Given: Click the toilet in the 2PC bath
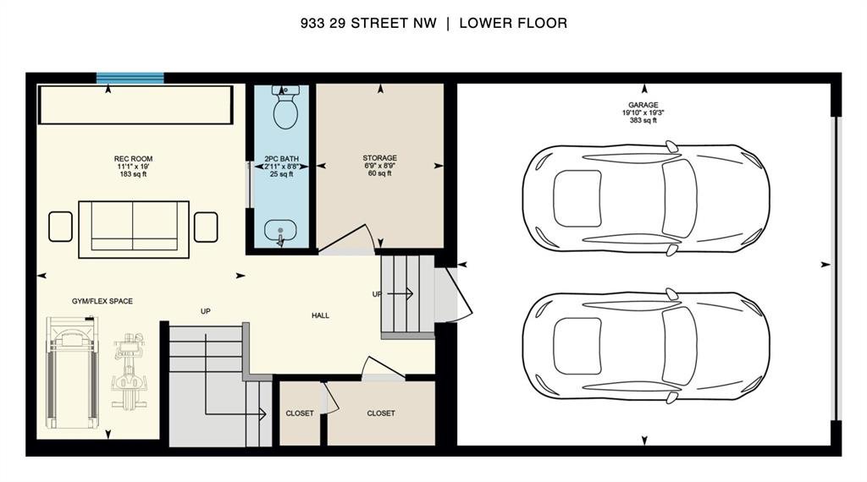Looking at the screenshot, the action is (285, 107).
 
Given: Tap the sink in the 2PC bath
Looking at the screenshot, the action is (280, 232).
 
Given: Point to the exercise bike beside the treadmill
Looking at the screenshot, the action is (129, 371).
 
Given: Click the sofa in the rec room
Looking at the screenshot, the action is (134, 229).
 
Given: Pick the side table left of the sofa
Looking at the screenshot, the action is (60, 227).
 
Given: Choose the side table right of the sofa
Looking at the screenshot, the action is (206, 227).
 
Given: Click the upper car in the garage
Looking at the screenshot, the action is (646, 199).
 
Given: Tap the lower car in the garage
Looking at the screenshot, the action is (646, 346).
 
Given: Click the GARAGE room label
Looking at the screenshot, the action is (643, 105).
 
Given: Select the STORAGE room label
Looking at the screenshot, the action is (380, 158).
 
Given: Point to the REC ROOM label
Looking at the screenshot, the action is (133, 159).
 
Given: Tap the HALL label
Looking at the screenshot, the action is (320, 315).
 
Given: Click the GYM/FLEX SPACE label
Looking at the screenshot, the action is (102, 301).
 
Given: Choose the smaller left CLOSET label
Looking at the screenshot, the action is (300, 414).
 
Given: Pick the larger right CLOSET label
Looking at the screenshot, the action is (381, 414).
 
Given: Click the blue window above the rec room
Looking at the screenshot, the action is (130, 79).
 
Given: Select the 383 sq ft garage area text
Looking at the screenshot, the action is (643, 120).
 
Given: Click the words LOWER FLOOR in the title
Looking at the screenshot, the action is (513, 23).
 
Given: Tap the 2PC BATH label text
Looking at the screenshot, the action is (281, 159).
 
